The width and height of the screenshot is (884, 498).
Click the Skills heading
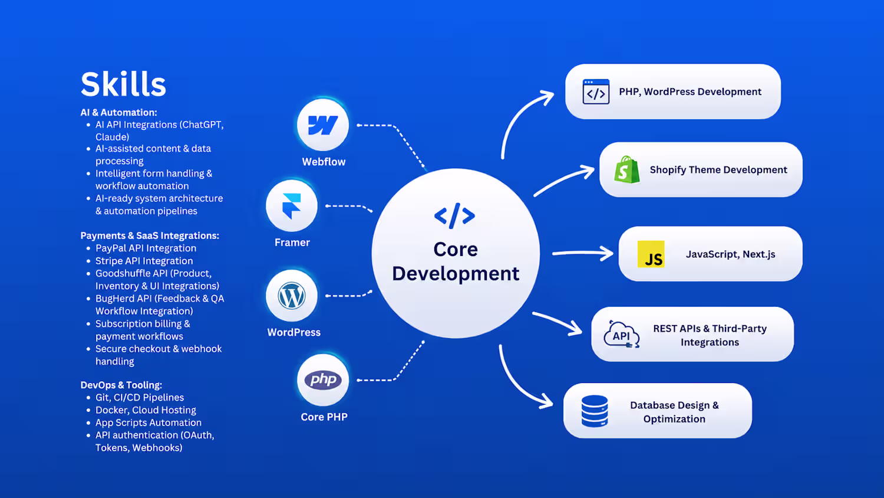tap(123, 84)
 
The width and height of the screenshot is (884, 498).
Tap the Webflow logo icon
tap(323, 125)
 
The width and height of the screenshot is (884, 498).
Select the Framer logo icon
tap(292, 206)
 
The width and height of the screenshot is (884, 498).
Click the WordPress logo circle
tap(292, 296)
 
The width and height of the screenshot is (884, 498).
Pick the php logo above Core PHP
tap(323, 380)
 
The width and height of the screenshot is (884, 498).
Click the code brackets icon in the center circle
tap(454, 216)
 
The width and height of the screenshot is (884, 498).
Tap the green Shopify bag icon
tap(626, 169)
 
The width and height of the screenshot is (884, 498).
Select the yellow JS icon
tap(651, 254)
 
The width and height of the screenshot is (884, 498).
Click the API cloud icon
tap(622, 335)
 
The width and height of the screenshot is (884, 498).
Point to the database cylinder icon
tap(595, 411)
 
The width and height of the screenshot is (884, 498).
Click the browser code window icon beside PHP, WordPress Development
tap(596, 91)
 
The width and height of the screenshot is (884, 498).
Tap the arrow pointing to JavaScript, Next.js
tap(582, 253)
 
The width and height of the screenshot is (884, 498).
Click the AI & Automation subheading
tap(119, 112)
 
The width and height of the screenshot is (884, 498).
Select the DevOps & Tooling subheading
tap(121, 385)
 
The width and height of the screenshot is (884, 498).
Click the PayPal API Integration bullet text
tap(146, 248)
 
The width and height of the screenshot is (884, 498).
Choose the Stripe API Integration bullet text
tap(144, 261)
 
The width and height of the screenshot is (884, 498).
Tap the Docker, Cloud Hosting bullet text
tap(146, 410)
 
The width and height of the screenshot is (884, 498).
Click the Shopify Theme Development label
tap(718, 170)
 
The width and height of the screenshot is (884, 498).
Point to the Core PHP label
tap(324, 417)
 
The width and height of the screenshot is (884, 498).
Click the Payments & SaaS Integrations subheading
tap(150, 235)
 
